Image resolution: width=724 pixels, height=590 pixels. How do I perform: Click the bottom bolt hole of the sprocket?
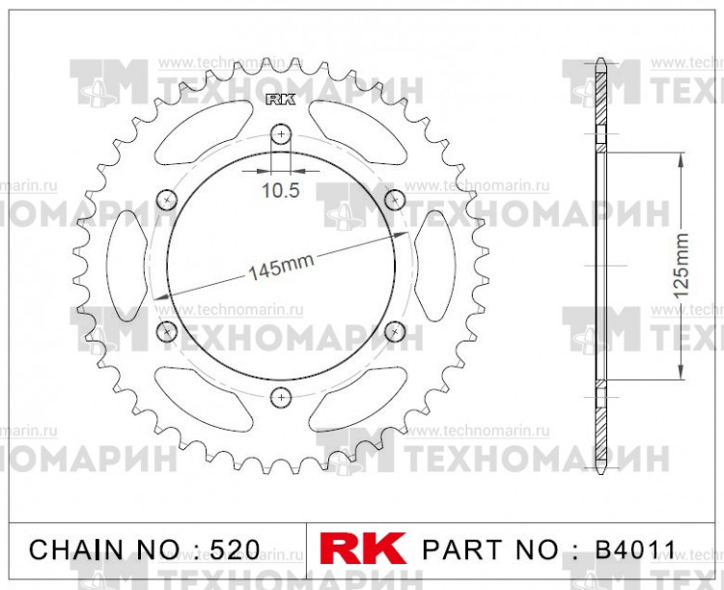click(x=281, y=396)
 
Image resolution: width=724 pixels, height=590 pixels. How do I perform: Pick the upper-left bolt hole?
click(x=167, y=199)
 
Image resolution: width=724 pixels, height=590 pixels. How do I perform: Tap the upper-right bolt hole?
click(x=395, y=199)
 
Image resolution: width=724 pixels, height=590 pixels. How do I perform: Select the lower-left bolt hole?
click(x=167, y=331)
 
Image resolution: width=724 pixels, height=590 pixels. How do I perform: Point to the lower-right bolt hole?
click(x=395, y=331)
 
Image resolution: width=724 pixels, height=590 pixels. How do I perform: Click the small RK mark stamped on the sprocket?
click(x=280, y=98)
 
